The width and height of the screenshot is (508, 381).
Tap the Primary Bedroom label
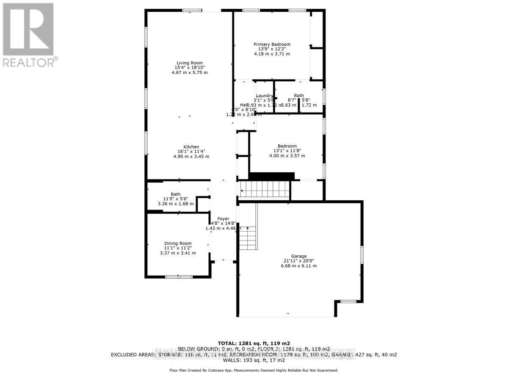272,44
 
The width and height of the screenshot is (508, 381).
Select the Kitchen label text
191,147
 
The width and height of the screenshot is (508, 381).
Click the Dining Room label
178,243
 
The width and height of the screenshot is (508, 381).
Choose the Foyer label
223,219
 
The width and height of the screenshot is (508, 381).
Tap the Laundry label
265,96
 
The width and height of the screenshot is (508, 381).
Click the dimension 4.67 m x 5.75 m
190,72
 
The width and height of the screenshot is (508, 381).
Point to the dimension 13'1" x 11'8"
287,151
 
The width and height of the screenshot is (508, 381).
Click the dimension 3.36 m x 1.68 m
176,204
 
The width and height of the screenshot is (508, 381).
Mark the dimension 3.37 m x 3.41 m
178,253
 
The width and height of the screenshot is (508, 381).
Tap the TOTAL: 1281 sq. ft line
254,343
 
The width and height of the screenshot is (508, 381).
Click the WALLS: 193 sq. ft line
254,361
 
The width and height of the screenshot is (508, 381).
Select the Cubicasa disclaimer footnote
254,370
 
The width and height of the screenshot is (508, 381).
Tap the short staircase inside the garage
248,237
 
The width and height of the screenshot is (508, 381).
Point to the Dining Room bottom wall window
178,277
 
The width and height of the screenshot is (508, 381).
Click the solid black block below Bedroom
271,176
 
